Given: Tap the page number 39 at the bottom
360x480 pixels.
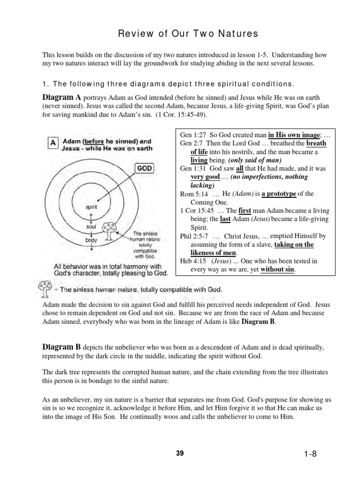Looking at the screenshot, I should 180,454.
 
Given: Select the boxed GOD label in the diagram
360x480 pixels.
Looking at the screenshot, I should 144,168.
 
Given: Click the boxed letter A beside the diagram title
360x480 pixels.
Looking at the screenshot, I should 53,142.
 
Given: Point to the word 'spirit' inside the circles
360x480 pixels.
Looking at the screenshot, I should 91,206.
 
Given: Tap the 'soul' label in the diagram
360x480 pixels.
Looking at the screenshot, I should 91,226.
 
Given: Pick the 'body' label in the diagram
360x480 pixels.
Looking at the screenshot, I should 91,240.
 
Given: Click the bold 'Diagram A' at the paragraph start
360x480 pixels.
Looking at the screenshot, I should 62,97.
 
